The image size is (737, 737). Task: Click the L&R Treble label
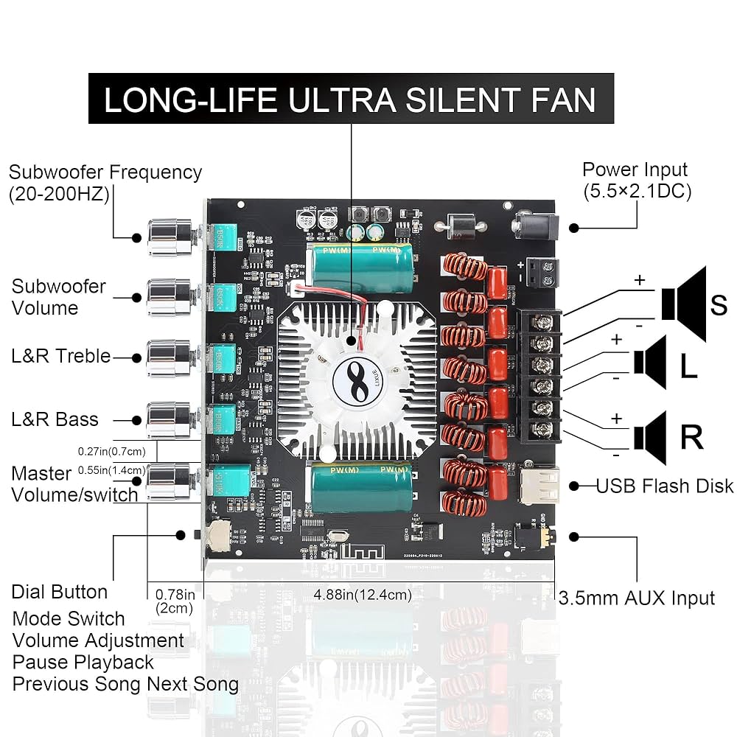click(60, 356)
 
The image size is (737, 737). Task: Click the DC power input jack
click(534, 224)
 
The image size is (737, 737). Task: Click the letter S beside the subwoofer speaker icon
click(718, 304)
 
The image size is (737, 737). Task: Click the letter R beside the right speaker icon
click(691, 437)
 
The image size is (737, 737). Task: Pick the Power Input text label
click(635, 170)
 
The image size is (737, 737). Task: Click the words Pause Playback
click(83, 662)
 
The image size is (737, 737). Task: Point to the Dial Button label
click(60, 592)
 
